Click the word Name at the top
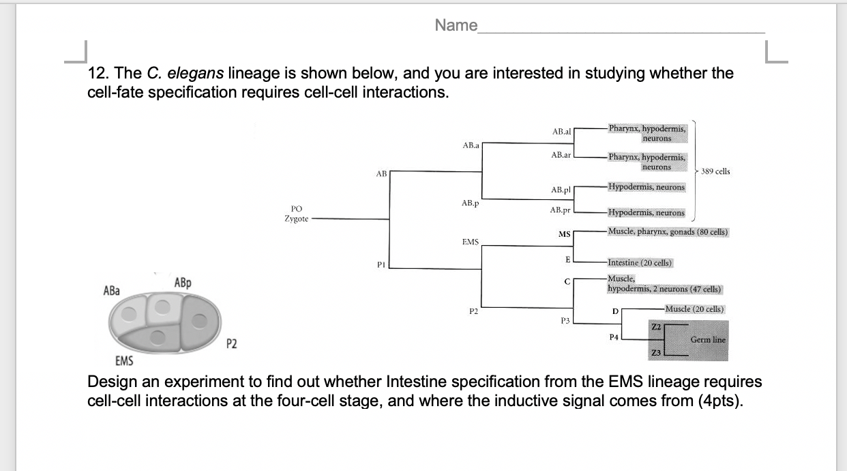[456, 26]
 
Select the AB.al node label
[561, 131]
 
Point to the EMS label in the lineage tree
[470, 242]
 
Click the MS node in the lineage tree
[564, 235]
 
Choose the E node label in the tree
[567, 259]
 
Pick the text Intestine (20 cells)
[640, 263]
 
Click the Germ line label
[708, 340]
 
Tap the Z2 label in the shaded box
[656, 326]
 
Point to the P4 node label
[614, 337]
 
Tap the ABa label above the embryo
[111, 290]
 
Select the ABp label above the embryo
[183, 282]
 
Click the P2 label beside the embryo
[232, 343]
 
